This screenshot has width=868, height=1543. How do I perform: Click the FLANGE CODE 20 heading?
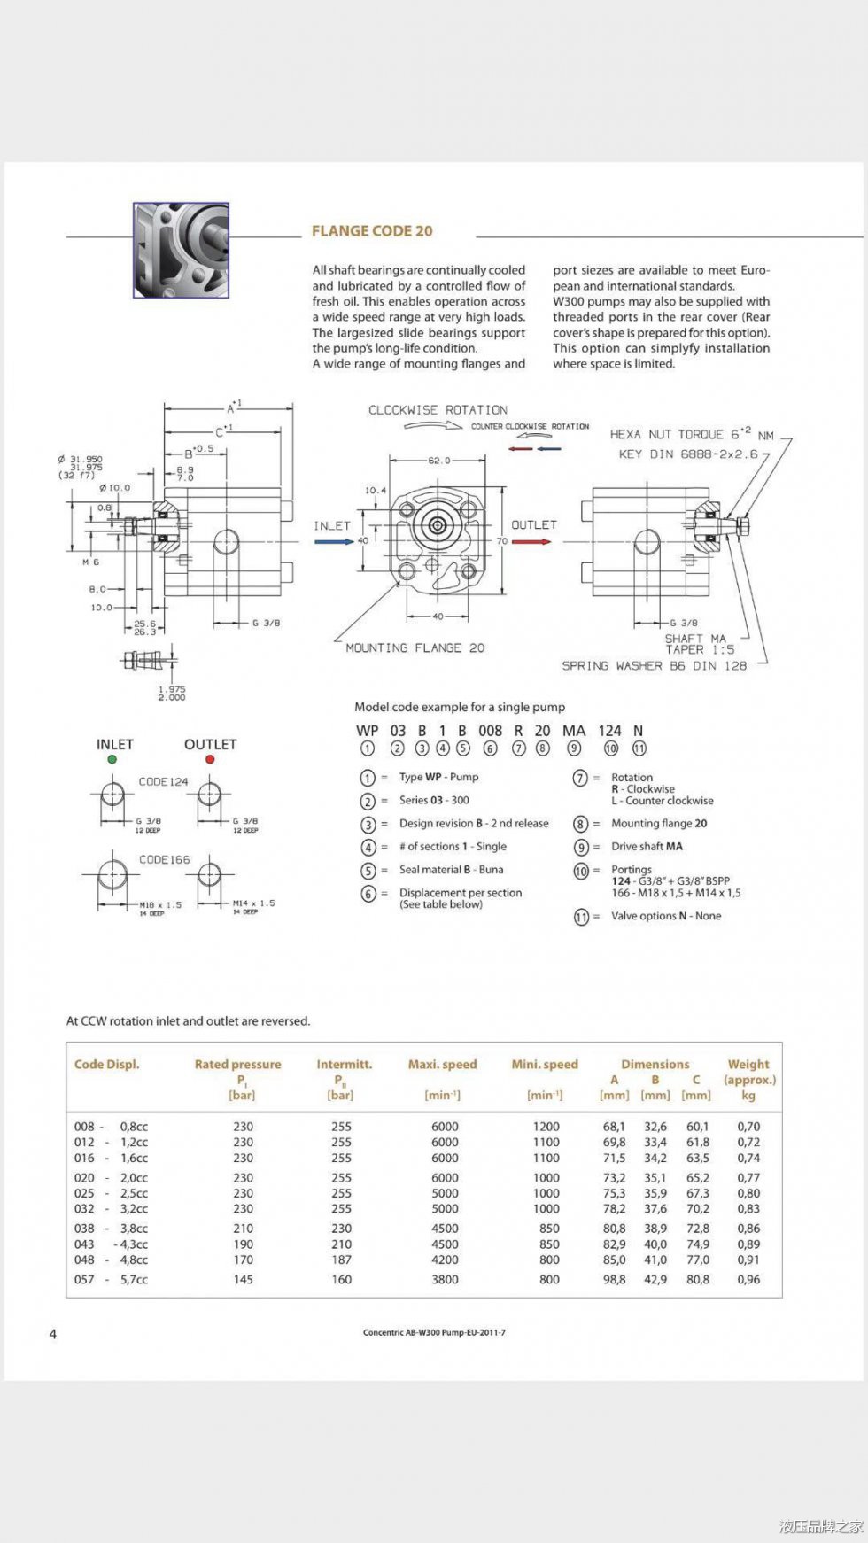[x=372, y=231]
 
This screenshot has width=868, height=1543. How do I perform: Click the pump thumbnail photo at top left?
[x=181, y=250]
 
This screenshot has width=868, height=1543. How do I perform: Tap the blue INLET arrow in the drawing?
[x=333, y=542]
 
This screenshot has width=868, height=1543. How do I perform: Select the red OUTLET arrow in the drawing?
[x=531, y=542]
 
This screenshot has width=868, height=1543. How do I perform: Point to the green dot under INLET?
[x=112, y=759]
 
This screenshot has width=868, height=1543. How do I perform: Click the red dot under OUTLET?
[x=210, y=759]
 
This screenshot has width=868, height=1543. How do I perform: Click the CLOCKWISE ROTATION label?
[x=438, y=410]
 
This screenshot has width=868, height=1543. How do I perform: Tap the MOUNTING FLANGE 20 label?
[x=415, y=648]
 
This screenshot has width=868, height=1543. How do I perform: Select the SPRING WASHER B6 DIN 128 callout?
[x=654, y=666]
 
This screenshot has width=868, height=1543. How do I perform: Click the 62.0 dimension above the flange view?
[x=438, y=461]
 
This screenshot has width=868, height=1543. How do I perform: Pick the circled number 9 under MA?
[x=574, y=748]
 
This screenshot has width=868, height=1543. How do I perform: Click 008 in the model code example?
[x=490, y=731]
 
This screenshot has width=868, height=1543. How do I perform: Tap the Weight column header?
[x=748, y=1065]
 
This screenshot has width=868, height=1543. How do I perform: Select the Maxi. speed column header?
[x=442, y=1065]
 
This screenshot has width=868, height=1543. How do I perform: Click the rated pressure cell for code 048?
[x=244, y=1260]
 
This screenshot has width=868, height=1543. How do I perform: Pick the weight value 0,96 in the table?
[x=748, y=1279]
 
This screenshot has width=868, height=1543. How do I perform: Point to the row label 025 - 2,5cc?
[x=111, y=1193]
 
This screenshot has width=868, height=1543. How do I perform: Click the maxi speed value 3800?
[x=445, y=1279]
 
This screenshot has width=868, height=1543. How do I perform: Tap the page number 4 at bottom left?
[x=53, y=1334]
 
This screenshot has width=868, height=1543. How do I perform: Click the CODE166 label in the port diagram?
[x=164, y=860]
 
